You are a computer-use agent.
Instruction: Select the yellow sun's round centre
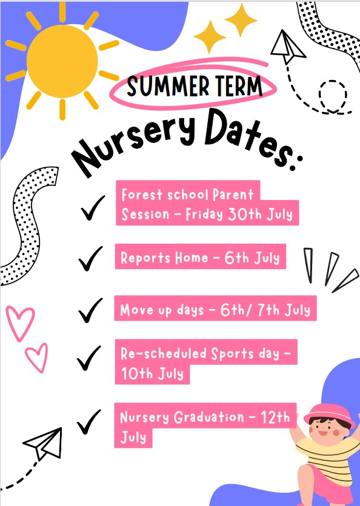coord(62,61)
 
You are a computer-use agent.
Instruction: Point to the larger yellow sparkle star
coord(241,20)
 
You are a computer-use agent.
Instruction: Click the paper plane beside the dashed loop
coord(287,46)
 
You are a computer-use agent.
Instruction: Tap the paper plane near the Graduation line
coord(44,444)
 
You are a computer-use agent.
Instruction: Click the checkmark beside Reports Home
coord(90,259)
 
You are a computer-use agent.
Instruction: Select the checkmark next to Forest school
coord(92,208)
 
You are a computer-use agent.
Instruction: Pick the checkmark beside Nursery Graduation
coord(88,422)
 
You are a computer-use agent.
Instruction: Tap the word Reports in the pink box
coord(145,258)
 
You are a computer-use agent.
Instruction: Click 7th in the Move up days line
coord(268,310)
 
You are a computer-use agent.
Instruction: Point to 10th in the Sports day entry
coord(136,373)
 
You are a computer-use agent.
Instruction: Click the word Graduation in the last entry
coord(209,417)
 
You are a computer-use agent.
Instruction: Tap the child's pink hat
coord(329,414)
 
